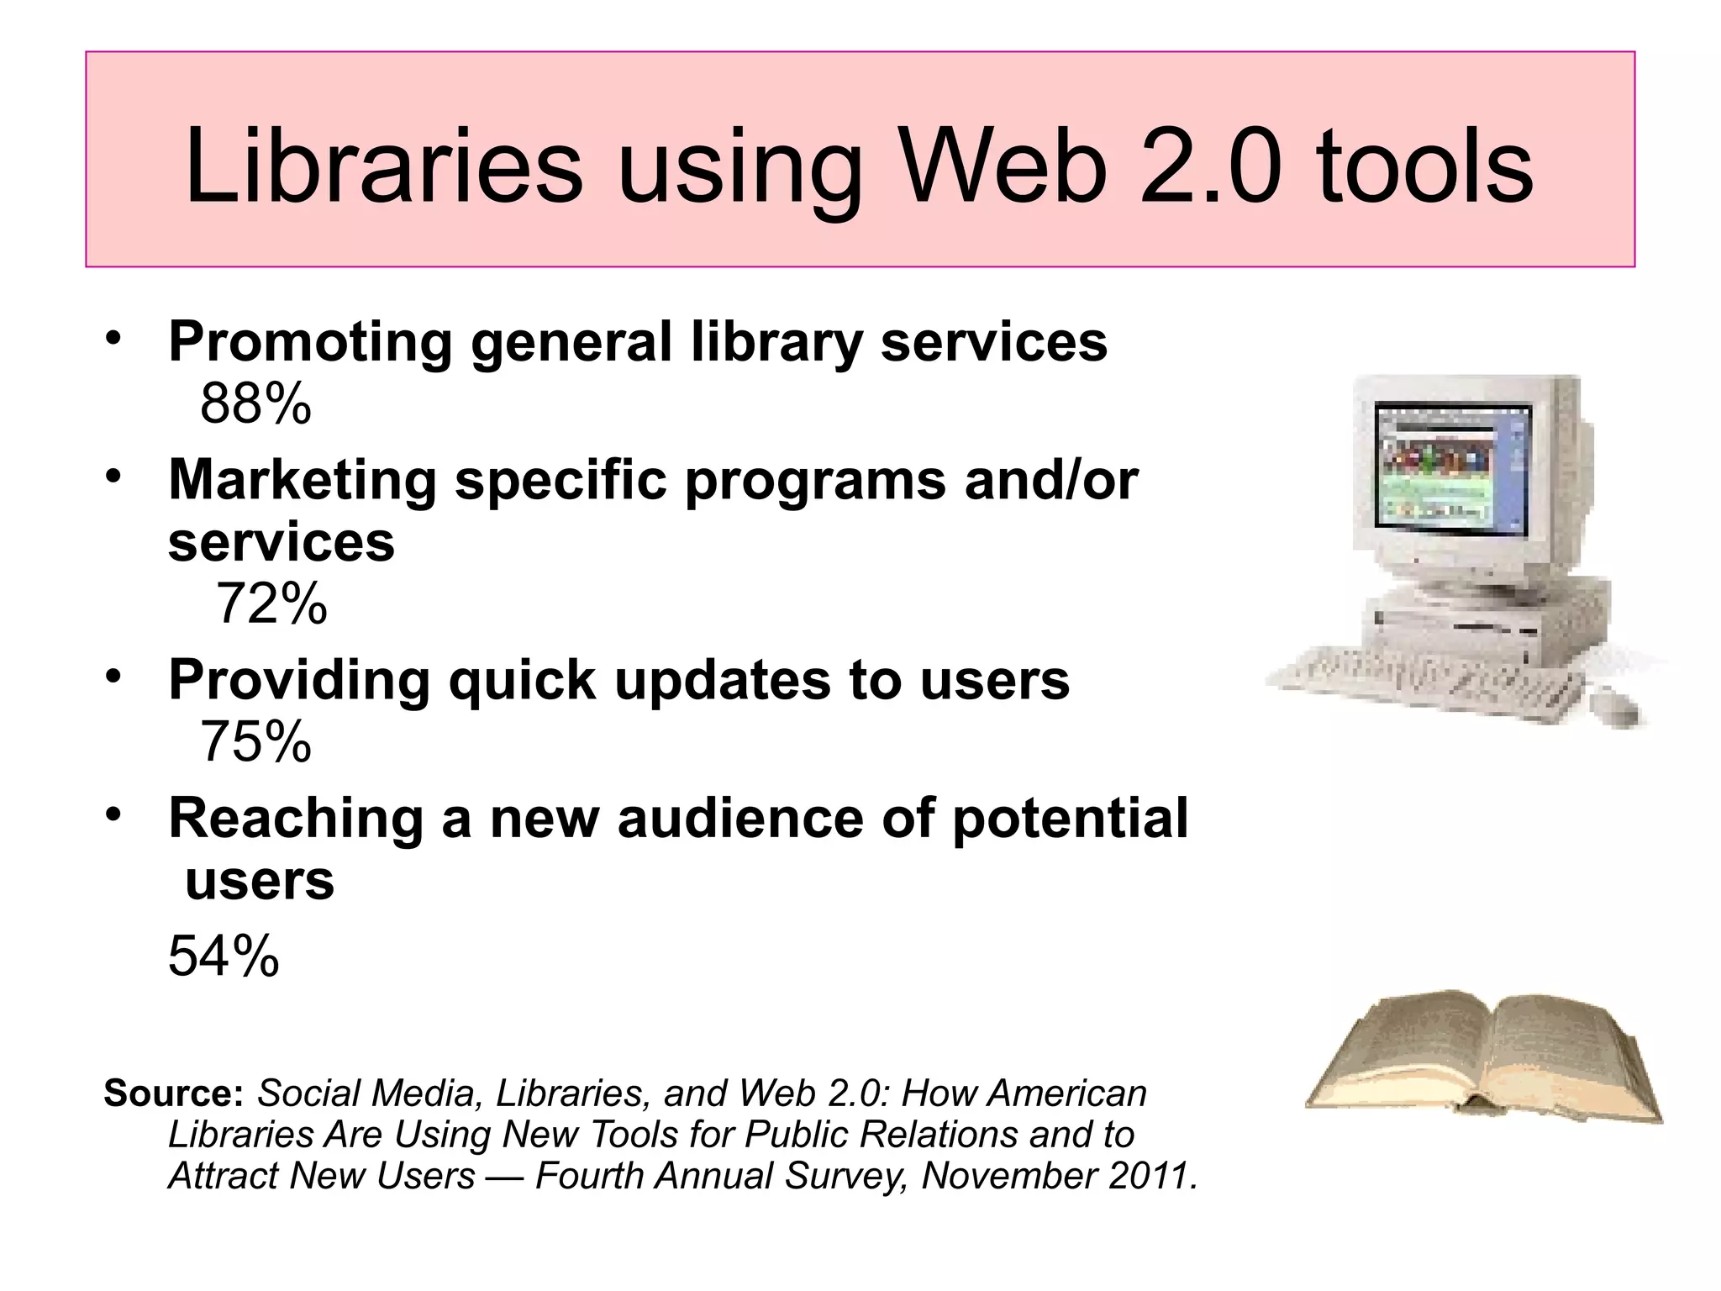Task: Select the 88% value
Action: coord(255,404)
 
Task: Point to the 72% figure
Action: coord(271,603)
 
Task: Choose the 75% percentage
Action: coord(255,742)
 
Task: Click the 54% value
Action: coord(224,956)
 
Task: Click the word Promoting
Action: coord(310,343)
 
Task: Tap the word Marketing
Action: coord(303,480)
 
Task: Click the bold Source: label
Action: coord(173,1093)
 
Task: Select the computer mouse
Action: coord(1618,706)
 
